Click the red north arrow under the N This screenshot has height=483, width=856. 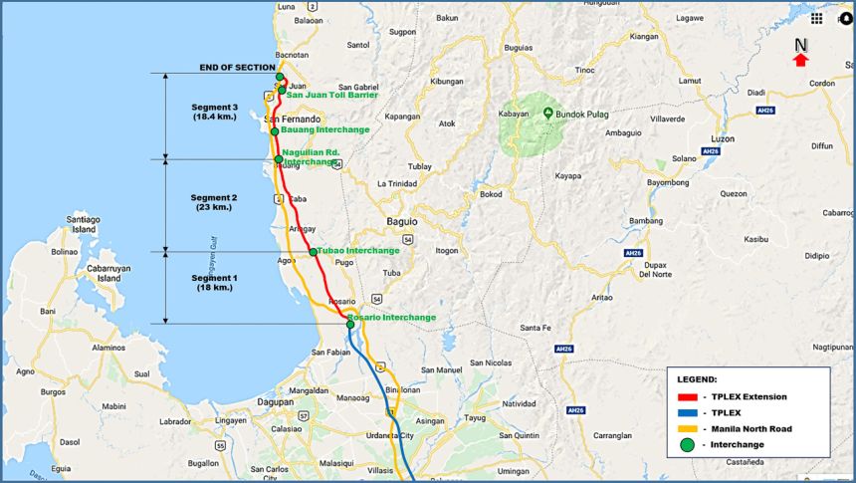click(800, 61)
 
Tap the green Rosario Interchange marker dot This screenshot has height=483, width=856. click(350, 325)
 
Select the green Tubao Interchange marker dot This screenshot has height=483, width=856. click(314, 252)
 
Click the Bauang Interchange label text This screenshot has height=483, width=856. click(324, 129)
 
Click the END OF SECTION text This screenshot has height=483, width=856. click(237, 67)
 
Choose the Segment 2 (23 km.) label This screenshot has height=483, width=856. click(214, 202)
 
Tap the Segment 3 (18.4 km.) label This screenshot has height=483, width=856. click(214, 112)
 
